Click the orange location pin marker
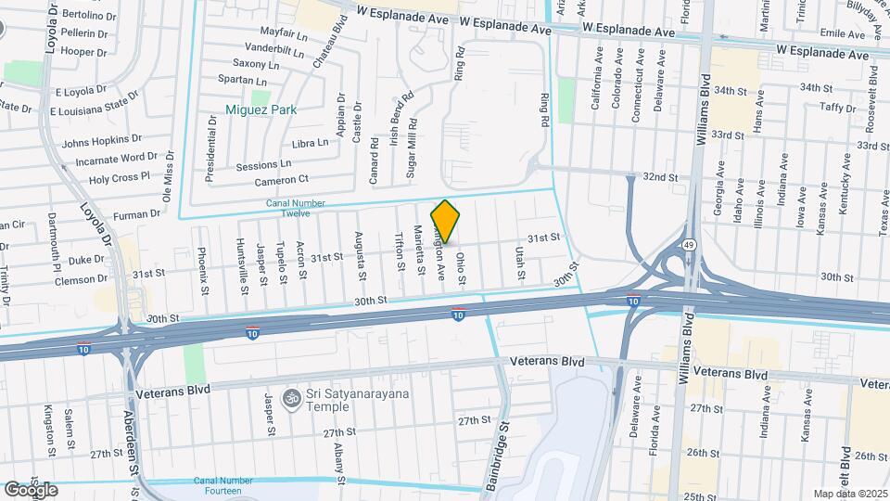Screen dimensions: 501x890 pos(445,221)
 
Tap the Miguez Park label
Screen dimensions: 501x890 pos(261,109)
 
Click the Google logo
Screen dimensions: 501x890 pos(30,489)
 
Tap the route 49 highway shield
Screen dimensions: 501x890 pos(692,244)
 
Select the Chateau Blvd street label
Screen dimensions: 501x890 pos(323,45)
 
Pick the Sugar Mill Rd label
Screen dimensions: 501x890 pos(412,150)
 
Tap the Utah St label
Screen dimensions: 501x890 pos(520,264)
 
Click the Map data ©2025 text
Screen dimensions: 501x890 pos(849,494)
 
